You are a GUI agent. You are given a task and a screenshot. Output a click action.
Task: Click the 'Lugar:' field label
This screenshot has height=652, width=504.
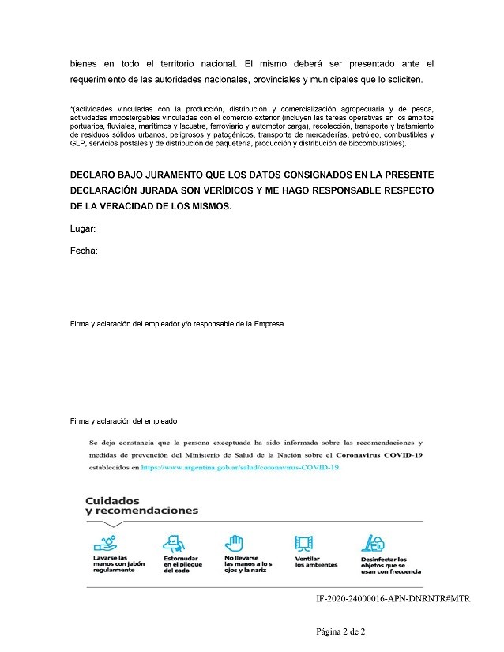(82, 229)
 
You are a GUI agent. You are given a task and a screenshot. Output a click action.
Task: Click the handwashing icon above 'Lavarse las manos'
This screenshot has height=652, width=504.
(107, 543)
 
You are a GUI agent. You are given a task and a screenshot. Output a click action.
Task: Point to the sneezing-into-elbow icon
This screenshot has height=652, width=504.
(175, 543)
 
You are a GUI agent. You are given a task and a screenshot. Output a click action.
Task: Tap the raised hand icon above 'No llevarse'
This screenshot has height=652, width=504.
(234, 543)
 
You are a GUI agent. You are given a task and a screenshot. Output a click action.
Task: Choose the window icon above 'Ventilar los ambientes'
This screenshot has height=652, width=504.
(305, 543)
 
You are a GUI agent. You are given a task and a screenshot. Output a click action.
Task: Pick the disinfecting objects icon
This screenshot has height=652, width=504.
(373, 543)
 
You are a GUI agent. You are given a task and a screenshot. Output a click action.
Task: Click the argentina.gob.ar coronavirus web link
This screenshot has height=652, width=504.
(240, 468)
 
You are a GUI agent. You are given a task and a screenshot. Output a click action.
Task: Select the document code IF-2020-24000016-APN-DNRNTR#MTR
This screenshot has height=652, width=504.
(392, 599)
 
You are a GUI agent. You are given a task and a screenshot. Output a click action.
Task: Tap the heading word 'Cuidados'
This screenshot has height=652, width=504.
(112, 500)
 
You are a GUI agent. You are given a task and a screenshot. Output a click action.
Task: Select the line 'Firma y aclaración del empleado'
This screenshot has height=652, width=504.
(123, 421)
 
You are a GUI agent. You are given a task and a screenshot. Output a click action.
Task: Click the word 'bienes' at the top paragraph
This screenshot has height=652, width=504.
(83, 63)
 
